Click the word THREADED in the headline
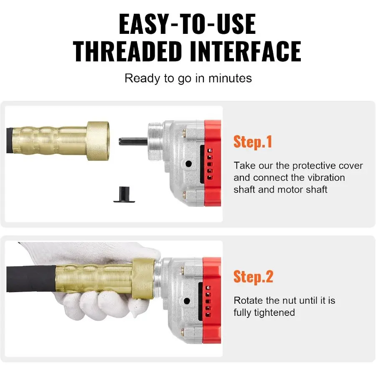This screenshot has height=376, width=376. coord(127,51)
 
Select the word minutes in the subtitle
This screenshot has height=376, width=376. coord(230,79)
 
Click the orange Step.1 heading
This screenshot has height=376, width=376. coord(253,142)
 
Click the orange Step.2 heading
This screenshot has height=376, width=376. coord(253,277)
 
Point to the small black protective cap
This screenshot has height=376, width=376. coord(124,194)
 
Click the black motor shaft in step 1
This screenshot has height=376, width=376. coord(133,141)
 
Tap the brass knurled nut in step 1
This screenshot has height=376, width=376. coord(98,141)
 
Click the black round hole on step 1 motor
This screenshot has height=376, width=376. coord(188,164)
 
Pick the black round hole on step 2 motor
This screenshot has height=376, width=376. coord(187,301)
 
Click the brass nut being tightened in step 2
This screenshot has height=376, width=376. coord(143,279)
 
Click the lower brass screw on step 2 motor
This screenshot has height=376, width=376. coord(183,333)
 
